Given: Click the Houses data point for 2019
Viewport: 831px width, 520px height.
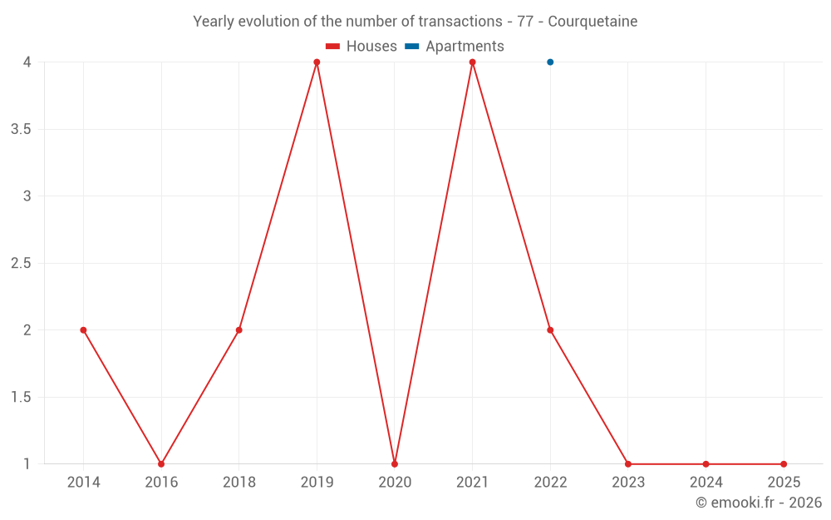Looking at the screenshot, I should pos(317,62).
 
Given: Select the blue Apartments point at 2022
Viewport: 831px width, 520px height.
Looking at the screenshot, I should pos(550,62).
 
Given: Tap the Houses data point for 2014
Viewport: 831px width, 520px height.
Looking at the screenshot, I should pos(83,330).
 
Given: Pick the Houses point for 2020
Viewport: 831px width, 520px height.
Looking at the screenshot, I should pos(395,464).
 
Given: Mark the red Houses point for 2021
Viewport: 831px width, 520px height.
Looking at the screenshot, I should pos(472,62).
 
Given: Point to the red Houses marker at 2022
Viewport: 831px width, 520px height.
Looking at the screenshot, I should pos(550,330).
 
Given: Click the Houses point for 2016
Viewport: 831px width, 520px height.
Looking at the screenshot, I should pos(161,464).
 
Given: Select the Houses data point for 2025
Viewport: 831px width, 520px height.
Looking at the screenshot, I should pos(784,464).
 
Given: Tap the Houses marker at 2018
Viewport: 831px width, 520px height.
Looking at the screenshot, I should pos(238,330).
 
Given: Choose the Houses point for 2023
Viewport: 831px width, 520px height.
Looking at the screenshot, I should pos(628,464).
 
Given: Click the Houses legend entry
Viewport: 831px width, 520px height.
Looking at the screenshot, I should pos(361,47).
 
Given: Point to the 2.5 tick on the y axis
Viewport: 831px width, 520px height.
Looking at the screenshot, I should pos(21,264).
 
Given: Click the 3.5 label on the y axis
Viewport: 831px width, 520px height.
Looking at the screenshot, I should pos(21,130).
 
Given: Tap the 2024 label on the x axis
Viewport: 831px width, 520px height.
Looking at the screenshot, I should pos(706,483).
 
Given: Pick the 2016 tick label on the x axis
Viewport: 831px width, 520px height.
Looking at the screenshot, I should pos(161,483).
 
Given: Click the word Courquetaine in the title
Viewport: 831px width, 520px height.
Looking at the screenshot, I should pos(593,22).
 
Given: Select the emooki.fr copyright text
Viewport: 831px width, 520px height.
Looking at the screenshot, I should pos(758,503).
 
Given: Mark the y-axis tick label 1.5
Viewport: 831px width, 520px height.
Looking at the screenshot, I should pos(21,398).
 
